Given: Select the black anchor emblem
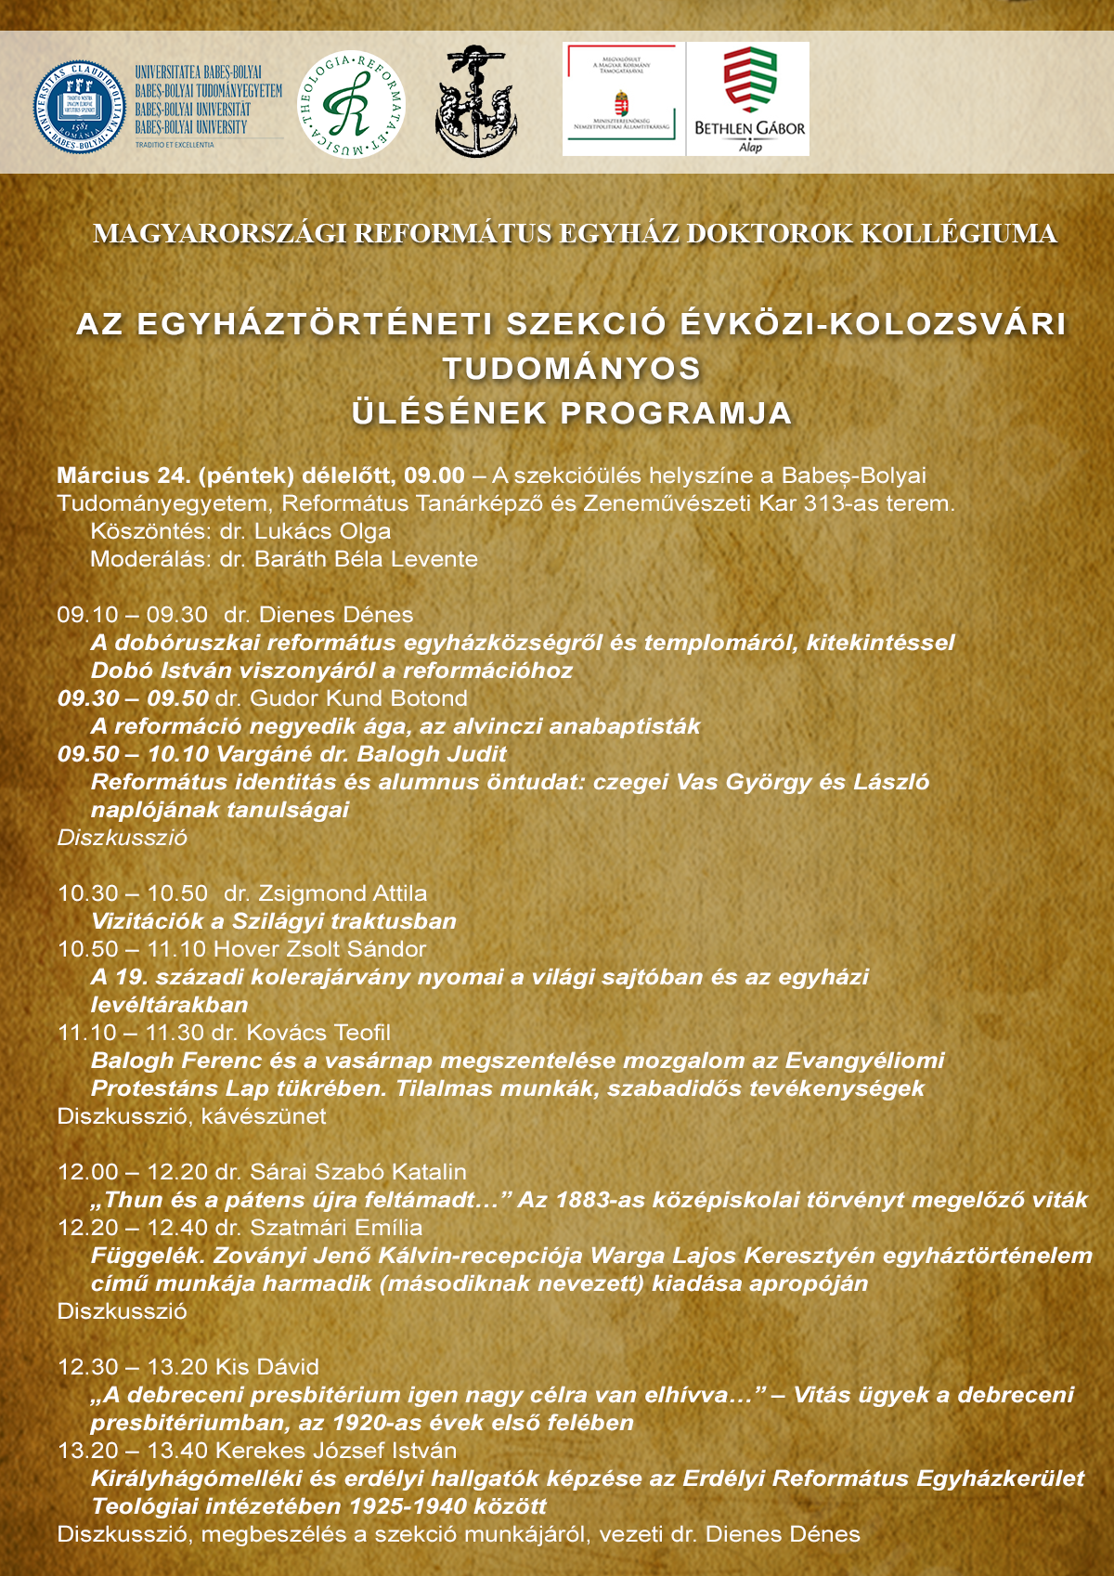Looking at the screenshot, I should click(476, 102).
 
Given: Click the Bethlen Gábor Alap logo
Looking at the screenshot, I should click(748, 98).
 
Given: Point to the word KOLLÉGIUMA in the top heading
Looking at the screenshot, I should click(958, 233).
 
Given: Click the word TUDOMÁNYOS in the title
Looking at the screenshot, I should click(572, 369).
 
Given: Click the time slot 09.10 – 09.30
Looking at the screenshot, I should click(133, 615).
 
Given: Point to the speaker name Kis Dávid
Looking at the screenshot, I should click(266, 1367).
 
